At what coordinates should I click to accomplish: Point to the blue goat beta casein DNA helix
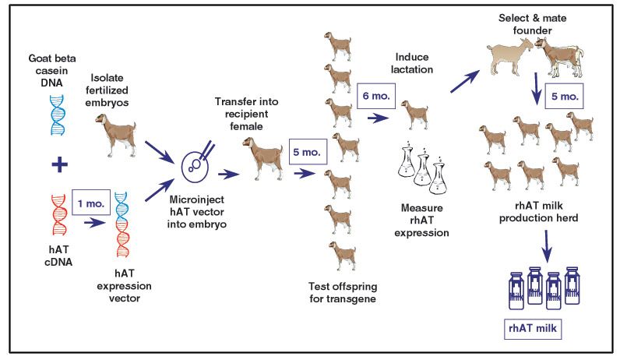pyautogui.click(x=58, y=115)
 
